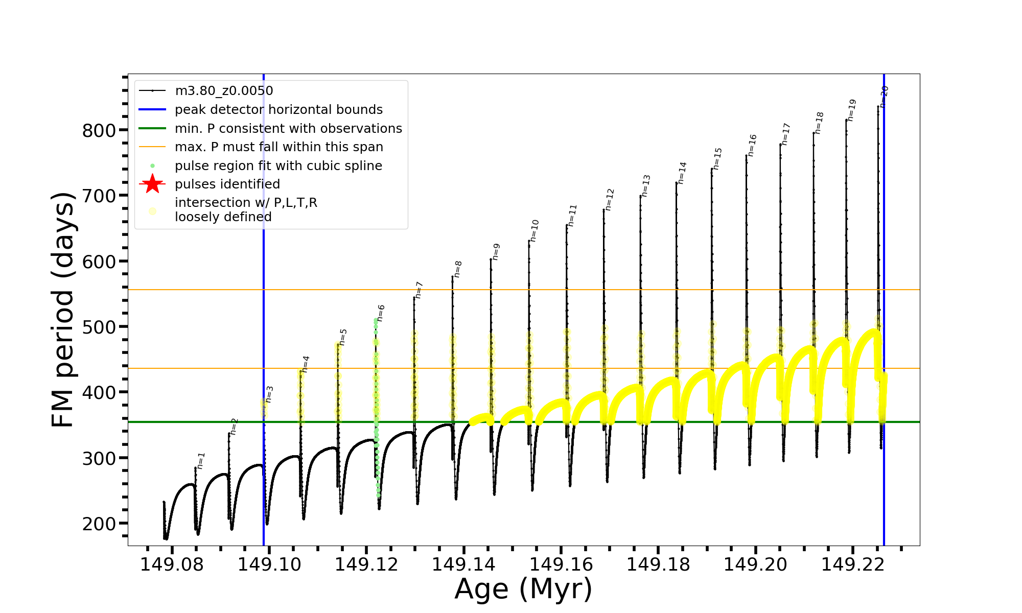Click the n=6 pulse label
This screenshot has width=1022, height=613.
(381, 313)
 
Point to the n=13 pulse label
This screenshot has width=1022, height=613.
(646, 186)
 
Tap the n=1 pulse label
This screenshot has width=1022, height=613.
(201, 460)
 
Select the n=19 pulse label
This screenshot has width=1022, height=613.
(851, 110)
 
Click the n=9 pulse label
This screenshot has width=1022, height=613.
(496, 252)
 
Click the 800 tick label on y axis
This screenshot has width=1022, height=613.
(99, 131)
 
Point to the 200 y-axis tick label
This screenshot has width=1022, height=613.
(99, 524)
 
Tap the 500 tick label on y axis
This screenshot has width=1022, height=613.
(99, 327)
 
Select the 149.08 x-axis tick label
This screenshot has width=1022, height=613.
(172, 564)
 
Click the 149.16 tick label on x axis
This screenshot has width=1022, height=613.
(561, 564)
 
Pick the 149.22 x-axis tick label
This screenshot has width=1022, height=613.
(852, 564)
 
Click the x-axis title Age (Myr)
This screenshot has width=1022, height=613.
(523, 589)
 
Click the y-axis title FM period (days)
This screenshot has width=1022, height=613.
(63, 310)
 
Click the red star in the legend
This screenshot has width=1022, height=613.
(152, 184)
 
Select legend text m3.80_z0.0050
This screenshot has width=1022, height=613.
(224, 91)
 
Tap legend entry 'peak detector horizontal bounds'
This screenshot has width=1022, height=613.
(278, 109)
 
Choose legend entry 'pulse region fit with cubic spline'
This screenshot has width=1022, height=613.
(278, 166)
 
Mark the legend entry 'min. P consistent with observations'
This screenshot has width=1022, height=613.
(288, 128)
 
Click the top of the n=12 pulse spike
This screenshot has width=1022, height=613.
(603, 209)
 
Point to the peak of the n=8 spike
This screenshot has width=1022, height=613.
(452, 276)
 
